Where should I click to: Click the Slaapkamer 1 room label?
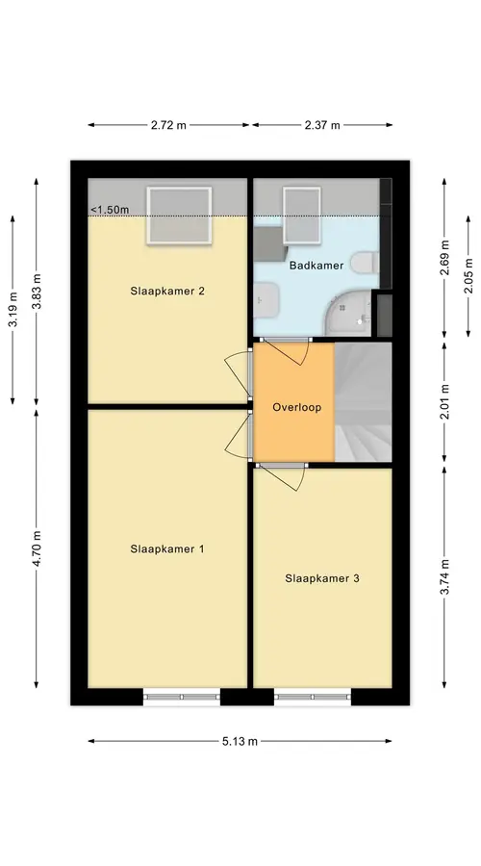[x=167, y=549]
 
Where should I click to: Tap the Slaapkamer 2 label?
[x=167, y=291]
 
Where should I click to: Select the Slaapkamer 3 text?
[x=322, y=579]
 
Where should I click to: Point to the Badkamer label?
[x=316, y=266]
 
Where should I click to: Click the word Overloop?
[x=296, y=408]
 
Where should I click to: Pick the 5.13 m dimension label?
[x=240, y=741]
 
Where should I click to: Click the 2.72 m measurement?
[x=168, y=125]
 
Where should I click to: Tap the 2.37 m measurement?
[x=322, y=125]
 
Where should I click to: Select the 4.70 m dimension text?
[x=37, y=548]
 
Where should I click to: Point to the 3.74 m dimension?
[x=444, y=576]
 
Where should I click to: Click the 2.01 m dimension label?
[x=444, y=401]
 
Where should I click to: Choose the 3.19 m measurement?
[x=13, y=311]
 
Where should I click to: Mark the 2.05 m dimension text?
[x=468, y=277]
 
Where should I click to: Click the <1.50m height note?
[x=110, y=210]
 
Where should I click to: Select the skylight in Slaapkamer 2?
[x=179, y=216]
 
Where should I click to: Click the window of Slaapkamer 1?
[x=182, y=697]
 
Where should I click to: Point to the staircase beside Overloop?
[x=363, y=401]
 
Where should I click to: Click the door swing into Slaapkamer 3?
[x=283, y=478]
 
